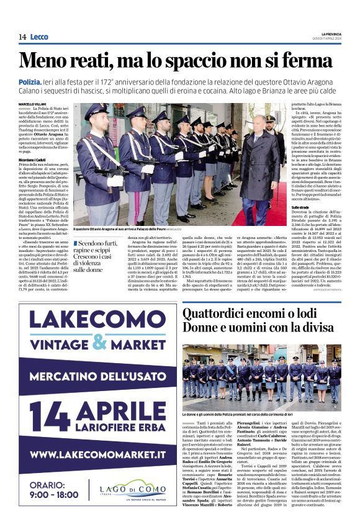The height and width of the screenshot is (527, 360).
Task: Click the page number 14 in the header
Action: pos(22,37)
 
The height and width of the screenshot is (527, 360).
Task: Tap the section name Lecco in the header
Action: pos(39,37)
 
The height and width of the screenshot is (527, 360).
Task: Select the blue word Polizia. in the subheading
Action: pos(30,82)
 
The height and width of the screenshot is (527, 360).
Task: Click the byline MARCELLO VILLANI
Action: pos(34,103)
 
